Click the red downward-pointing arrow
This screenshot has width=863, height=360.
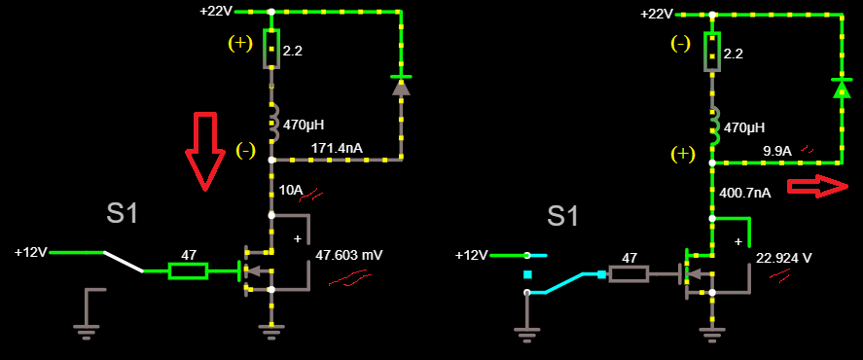point(204,152)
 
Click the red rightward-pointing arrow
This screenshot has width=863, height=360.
point(817,187)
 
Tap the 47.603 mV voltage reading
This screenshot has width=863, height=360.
point(349,256)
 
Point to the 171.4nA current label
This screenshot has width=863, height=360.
point(336,149)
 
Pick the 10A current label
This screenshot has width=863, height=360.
point(291,190)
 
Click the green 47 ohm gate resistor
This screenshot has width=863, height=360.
point(188,270)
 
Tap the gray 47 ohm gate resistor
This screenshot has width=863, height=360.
point(629,273)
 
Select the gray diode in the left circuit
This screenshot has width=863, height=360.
point(401,86)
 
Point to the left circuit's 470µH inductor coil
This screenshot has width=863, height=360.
point(271,124)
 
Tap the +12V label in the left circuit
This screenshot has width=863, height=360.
point(31,252)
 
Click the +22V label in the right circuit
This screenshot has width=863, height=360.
point(657,14)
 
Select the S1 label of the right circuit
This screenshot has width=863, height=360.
point(562,216)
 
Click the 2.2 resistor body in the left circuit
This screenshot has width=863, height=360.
point(271,49)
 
